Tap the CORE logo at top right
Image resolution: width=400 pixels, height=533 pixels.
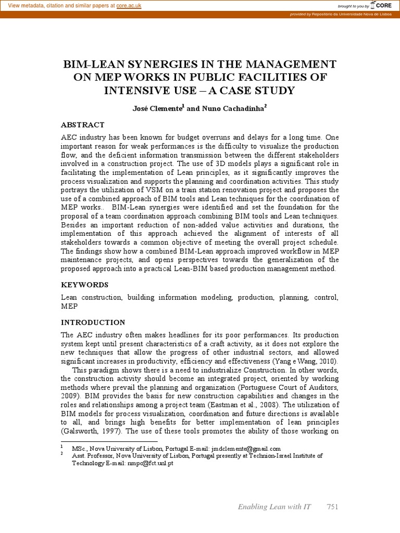tap(382, 5)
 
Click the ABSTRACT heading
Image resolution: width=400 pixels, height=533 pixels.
tap(82, 125)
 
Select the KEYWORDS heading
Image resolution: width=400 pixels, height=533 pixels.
tap(84, 285)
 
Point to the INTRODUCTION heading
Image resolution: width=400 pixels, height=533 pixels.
tap(93, 322)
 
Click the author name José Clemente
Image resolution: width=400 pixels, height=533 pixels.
tap(156, 109)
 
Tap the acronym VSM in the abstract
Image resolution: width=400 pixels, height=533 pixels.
tap(151, 191)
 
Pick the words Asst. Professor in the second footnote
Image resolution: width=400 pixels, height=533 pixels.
tap(94, 456)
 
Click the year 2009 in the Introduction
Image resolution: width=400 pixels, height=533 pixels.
tap(71, 397)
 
